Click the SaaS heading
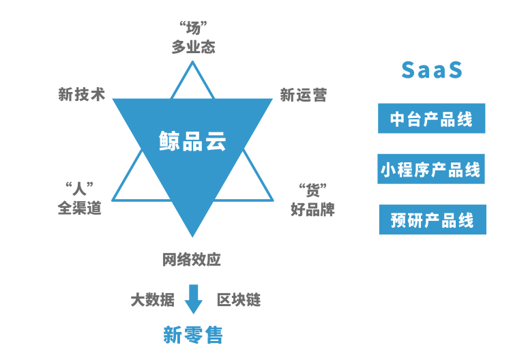click(432, 70)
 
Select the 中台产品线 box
click(432, 119)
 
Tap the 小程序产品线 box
click(431, 169)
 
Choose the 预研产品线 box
click(432, 220)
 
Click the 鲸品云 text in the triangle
click(192, 141)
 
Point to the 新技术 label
click(82, 95)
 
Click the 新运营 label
click(304, 95)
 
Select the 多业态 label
click(193, 47)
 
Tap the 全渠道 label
click(79, 207)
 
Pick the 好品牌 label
click(312, 209)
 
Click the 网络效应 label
click(192, 260)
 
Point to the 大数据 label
click(152, 300)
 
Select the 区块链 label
click(238, 300)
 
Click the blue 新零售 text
click(193, 335)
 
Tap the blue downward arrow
click(194, 299)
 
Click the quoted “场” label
click(193, 28)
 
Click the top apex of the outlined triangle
click(193, 63)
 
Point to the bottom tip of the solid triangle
click(192, 236)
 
